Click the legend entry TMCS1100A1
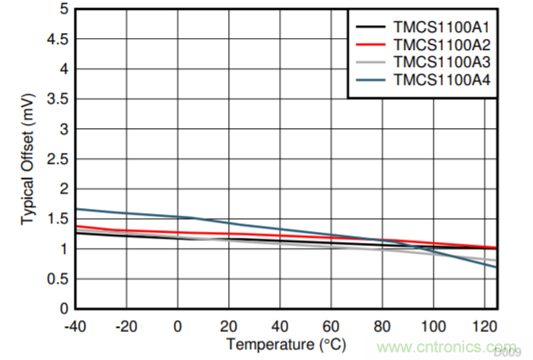[x=442, y=26]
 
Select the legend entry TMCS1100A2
[x=442, y=44]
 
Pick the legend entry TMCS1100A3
[x=442, y=62]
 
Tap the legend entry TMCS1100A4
[x=442, y=81]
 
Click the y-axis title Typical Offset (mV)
[x=27, y=159]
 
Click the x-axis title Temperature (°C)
[x=286, y=344]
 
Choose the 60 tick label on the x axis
[x=332, y=325]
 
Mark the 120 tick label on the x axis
[x=485, y=325]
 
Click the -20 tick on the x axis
[x=127, y=325]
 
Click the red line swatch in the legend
[x=371, y=44]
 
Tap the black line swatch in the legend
[x=371, y=26]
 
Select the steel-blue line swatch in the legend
[x=371, y=81]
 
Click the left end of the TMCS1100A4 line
[x=77, y=209]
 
